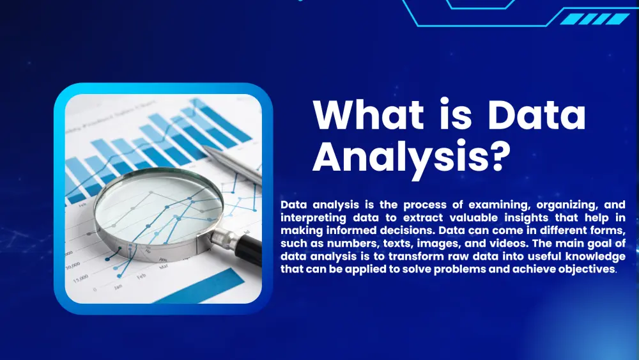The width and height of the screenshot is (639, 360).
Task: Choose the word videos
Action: (507, 244)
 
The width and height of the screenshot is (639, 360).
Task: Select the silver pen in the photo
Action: (233, 163)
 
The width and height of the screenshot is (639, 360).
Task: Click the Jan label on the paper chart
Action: (118, 286)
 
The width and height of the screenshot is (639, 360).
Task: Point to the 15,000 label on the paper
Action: (81, 279)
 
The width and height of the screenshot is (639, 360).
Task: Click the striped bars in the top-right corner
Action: (595, 19)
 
